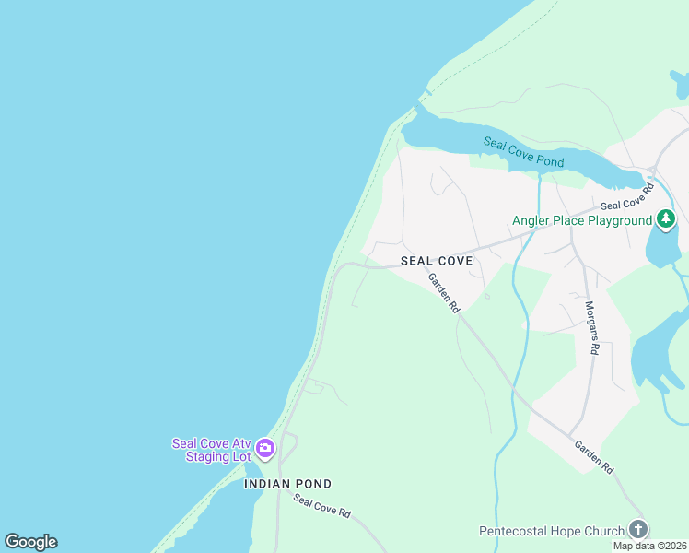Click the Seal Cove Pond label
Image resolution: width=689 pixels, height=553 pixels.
[x=523, y=152]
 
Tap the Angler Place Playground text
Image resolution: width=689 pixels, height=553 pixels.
[x=582, y=220]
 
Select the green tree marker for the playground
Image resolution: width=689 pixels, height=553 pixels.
[x=666, y=219]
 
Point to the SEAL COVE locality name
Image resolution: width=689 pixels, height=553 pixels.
[x=437, y=261]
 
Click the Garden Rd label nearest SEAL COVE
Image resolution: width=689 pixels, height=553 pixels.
[x=442, y=294]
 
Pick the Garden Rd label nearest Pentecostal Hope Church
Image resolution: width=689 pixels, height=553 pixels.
[x=594, y=456]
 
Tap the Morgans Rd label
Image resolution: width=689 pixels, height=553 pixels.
[x=593, y=327]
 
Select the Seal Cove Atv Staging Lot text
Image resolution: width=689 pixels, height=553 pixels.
[x=211, y=450]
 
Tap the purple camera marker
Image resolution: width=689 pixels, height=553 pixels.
[x=265, y=449]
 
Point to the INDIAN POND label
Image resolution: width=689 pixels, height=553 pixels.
[x=287, y=484]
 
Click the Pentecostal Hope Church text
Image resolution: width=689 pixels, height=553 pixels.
[x=551, y=531]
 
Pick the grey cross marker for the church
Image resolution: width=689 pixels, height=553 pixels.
[x=637, y=529]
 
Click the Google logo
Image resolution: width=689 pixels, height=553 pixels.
[x=30, y=542]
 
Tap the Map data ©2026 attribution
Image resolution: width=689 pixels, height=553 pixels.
[x=650, y=546]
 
